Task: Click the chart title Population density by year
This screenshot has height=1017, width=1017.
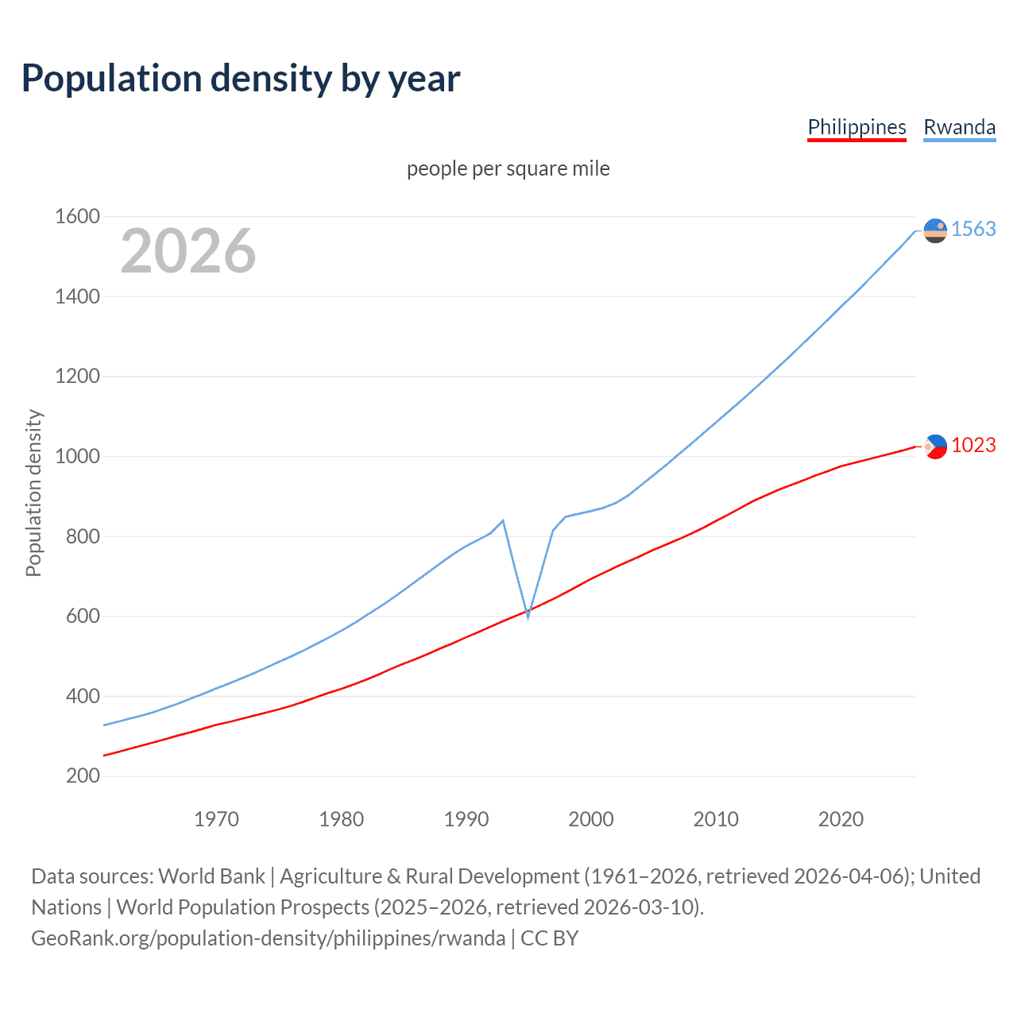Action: coord(241,79)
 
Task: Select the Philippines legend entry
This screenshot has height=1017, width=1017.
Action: coord(857,127)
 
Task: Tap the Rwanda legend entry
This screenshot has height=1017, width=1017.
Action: coord(959,127)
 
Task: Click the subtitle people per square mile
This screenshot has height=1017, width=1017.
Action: coord(508,168)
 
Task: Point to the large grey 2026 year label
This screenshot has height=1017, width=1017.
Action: coord(188,251)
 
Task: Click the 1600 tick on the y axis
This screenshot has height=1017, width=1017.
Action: coord(77,216)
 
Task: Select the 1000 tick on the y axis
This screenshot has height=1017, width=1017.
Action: coord(77,456)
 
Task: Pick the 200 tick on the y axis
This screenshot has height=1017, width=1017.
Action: coord(83,775)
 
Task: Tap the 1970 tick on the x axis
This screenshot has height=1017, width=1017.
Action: coord(216,819)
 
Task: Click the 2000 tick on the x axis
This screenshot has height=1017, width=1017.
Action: coord(591,819)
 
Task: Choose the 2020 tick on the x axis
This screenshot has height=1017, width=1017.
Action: coord(841,819)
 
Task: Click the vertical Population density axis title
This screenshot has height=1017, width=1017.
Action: coord(33,493)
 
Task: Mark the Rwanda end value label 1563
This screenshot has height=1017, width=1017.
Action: coord(973,229)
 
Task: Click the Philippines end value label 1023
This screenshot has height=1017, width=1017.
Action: coord(973,445)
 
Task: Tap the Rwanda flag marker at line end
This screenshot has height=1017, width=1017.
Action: coord(936,230)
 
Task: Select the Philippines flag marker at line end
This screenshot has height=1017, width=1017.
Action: coord(936,447)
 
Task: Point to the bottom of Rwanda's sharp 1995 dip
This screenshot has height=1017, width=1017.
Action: coord(528,617)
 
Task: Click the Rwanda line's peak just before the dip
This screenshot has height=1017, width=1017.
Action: coord(503,520)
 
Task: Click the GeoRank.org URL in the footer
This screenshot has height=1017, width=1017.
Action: coord(268,938)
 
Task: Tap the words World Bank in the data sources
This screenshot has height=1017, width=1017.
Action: coord(211,876)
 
